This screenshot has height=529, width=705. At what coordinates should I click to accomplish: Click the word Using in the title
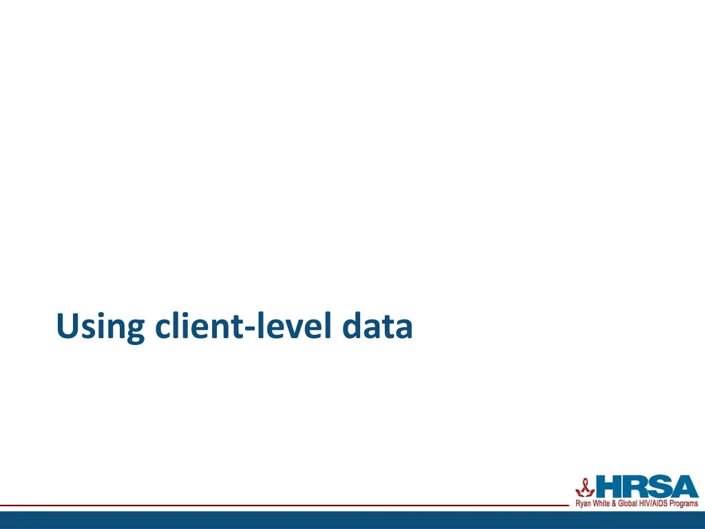pos(101,326)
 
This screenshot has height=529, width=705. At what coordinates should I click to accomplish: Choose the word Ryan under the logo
pos(583,504)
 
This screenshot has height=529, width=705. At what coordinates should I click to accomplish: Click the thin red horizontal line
pos(275,506)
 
